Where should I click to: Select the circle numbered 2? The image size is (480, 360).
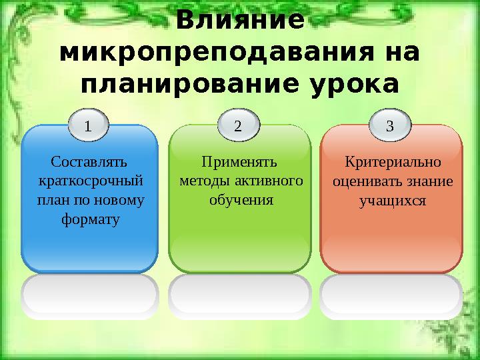[239, 126]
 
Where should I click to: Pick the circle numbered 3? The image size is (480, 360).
[391, 125]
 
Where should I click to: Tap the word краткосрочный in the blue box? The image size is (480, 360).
[90, 181]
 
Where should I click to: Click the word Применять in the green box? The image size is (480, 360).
[239, 162]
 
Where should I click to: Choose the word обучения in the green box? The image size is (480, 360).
[240, 199]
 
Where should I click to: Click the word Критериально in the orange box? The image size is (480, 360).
[392, 162]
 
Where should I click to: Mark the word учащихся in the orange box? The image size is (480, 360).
[392, 199]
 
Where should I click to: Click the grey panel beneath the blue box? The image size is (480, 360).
[90, 295]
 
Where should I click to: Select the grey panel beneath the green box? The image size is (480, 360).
[239, 295]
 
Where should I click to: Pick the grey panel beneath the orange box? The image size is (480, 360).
[391, 295]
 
